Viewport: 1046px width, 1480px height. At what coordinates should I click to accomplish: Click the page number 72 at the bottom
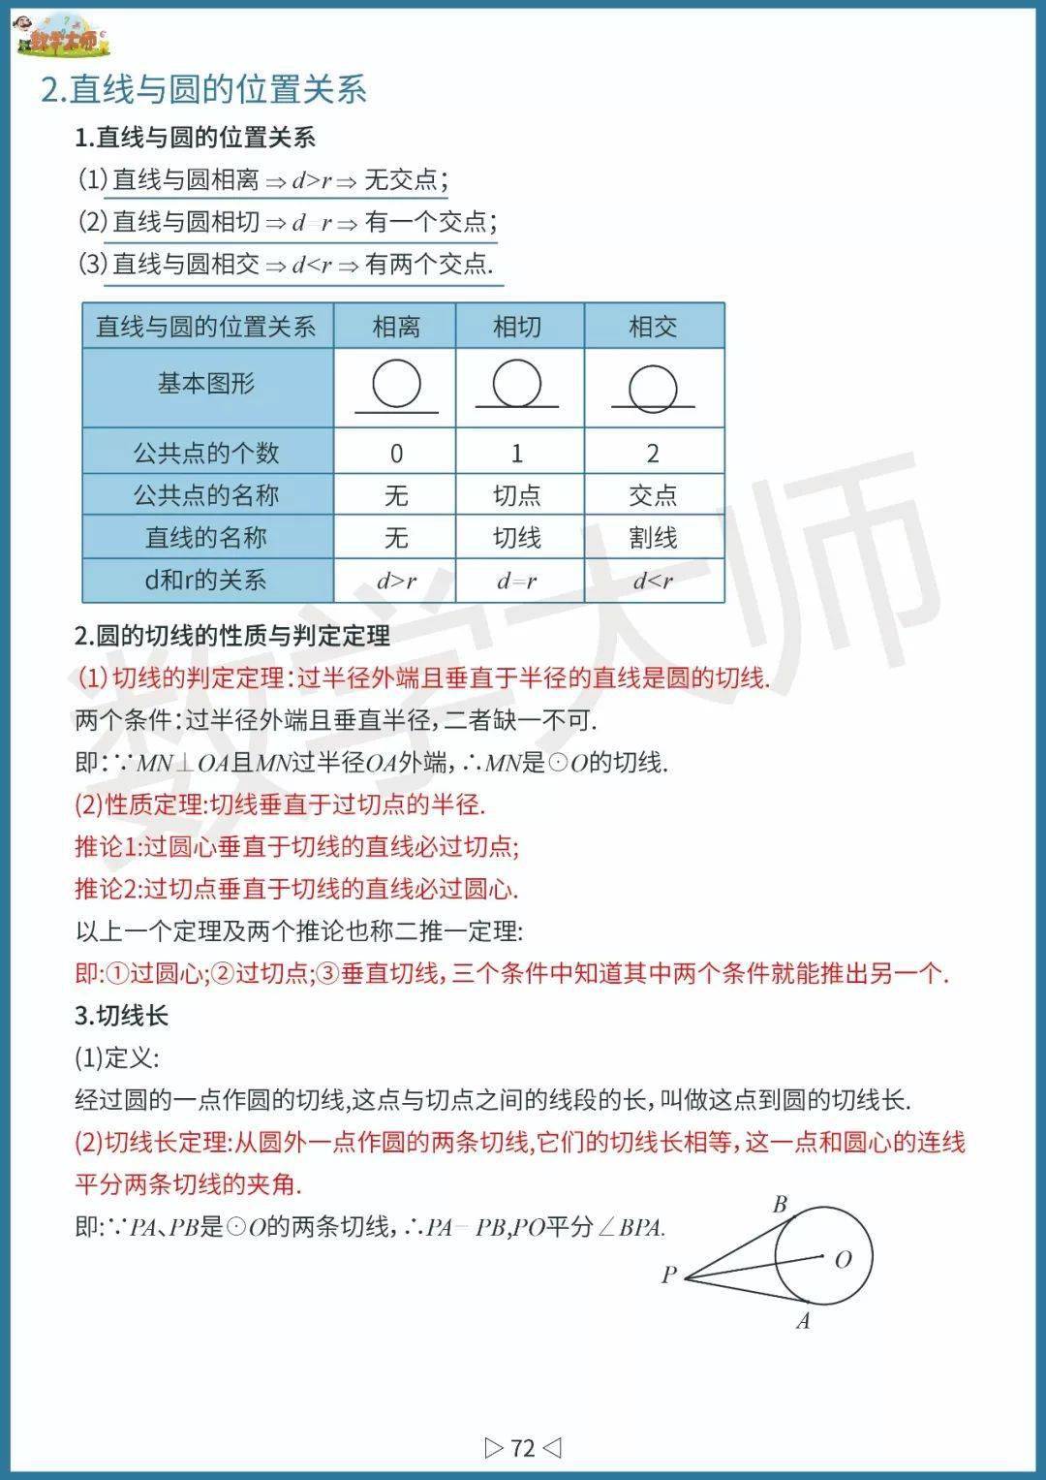pos(523,1448)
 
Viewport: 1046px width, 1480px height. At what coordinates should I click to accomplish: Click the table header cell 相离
pos(395,327)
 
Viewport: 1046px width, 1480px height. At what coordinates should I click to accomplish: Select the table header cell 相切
pos(517,327)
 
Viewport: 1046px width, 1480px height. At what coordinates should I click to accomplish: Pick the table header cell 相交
pos(653,327)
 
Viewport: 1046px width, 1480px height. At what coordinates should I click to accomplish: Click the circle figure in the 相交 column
pos(653,388)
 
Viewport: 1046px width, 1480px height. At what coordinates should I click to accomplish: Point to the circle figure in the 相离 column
pos(396,385)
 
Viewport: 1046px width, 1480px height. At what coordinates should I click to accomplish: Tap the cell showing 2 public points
pos(653,453)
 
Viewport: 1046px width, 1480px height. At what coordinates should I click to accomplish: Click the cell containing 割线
pos(653,537)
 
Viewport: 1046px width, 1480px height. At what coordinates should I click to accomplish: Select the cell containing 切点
pos(517,495)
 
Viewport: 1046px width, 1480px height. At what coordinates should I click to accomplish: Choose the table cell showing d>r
pos(396,581)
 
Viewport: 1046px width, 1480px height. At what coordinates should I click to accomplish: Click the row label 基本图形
pos(206,384)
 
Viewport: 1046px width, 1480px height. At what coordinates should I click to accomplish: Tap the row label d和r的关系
pos(206,581)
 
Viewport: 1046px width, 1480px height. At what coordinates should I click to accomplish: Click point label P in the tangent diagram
pos(669,1275)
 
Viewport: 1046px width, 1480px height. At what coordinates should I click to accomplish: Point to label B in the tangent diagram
pos(780,1205)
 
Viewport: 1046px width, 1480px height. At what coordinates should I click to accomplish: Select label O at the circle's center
pos(843,1259)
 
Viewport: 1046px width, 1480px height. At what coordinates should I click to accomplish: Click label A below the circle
pos(803,1321)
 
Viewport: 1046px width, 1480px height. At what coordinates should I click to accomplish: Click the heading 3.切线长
pos(122,1016)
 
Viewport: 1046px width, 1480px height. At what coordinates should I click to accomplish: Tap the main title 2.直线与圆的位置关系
pos(204,89)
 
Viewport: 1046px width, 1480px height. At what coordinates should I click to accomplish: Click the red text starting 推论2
pos(296,889)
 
